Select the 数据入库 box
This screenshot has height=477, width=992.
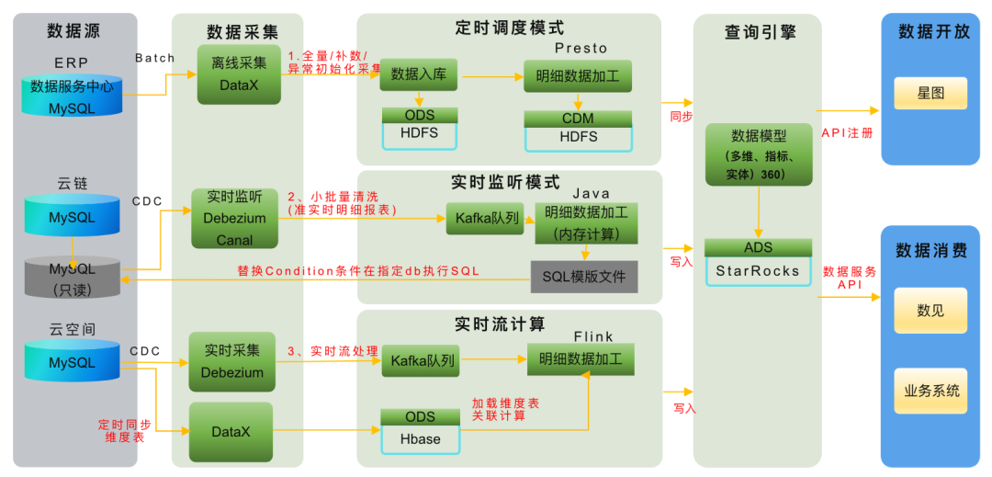pos(418,74)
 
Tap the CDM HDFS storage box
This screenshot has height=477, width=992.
pos(578,129)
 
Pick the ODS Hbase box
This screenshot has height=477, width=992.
pos(420,430)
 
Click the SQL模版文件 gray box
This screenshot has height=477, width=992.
pos(583,276)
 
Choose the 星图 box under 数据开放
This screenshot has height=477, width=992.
pos(930,94)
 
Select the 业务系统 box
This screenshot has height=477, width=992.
pos(930,391)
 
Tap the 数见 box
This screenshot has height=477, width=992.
pos(930,311)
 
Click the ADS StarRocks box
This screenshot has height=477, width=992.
pos(758,261)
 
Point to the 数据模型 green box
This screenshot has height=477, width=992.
pos(758,154)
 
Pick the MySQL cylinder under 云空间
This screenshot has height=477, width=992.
pos(72,362)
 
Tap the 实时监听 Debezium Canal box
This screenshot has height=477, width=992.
pos(233,219)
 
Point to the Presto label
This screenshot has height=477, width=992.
pos(581,48)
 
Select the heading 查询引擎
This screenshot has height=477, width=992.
pos(760,33)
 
